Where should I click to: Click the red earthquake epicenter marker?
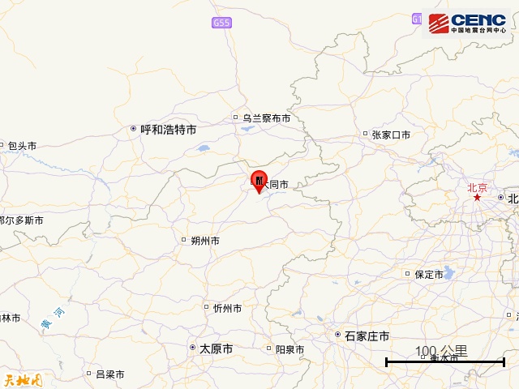click(x=259, y=180)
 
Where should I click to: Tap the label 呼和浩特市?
click(x=168, y=129)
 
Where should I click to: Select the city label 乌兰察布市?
click(x=265, y=118)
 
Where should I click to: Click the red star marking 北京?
click(x=478, y=198)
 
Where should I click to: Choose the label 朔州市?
click(x=204, y=240)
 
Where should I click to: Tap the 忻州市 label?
click(x=227, y=308)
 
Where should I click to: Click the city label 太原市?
click(x=216, y=348)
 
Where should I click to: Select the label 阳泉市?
click(x=290, y=349)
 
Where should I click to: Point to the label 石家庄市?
click(x=367, y=336)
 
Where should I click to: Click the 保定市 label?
click(x=428, y=274)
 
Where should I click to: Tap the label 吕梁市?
click(x=109, y=374)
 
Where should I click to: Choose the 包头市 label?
click(x=22, y=146)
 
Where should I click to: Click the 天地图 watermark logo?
click(x=22, y=378)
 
